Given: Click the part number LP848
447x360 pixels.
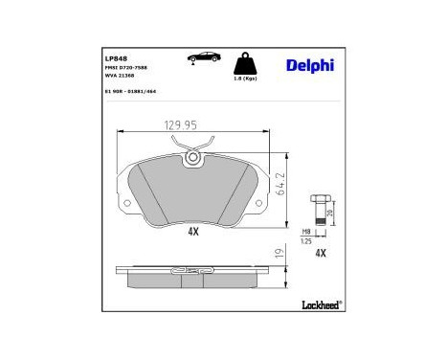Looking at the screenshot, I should pyautogui.click(x=116, y=56).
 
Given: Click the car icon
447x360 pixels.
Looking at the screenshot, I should pyautogui.click(x=205, y=57).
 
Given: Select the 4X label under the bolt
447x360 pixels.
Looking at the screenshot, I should pyautogui.click(x=321, y=253).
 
